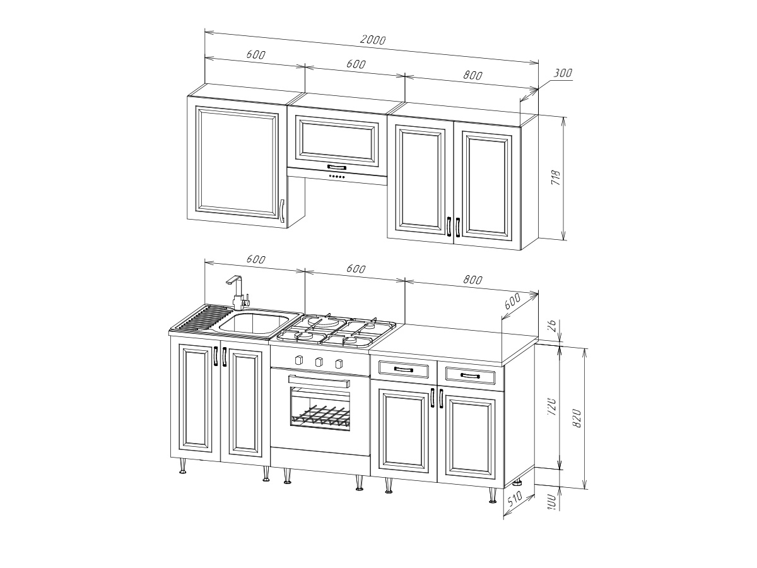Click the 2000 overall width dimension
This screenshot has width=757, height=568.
click(x=372, y=40)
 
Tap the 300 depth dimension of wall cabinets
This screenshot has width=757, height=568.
click(x=563, y=73)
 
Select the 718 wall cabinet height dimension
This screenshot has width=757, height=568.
click(x=556, y=178)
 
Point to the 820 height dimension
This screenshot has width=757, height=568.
click(x=577, y=418)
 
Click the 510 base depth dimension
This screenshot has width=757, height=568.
click(x=515, y=499)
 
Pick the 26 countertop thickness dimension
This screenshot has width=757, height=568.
click(x=552, y=324)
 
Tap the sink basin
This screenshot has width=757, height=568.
click(x=253, y=324)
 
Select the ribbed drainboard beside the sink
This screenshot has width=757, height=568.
click(x=204, y=317)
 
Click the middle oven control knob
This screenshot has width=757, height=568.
click(x=319, y=362)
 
